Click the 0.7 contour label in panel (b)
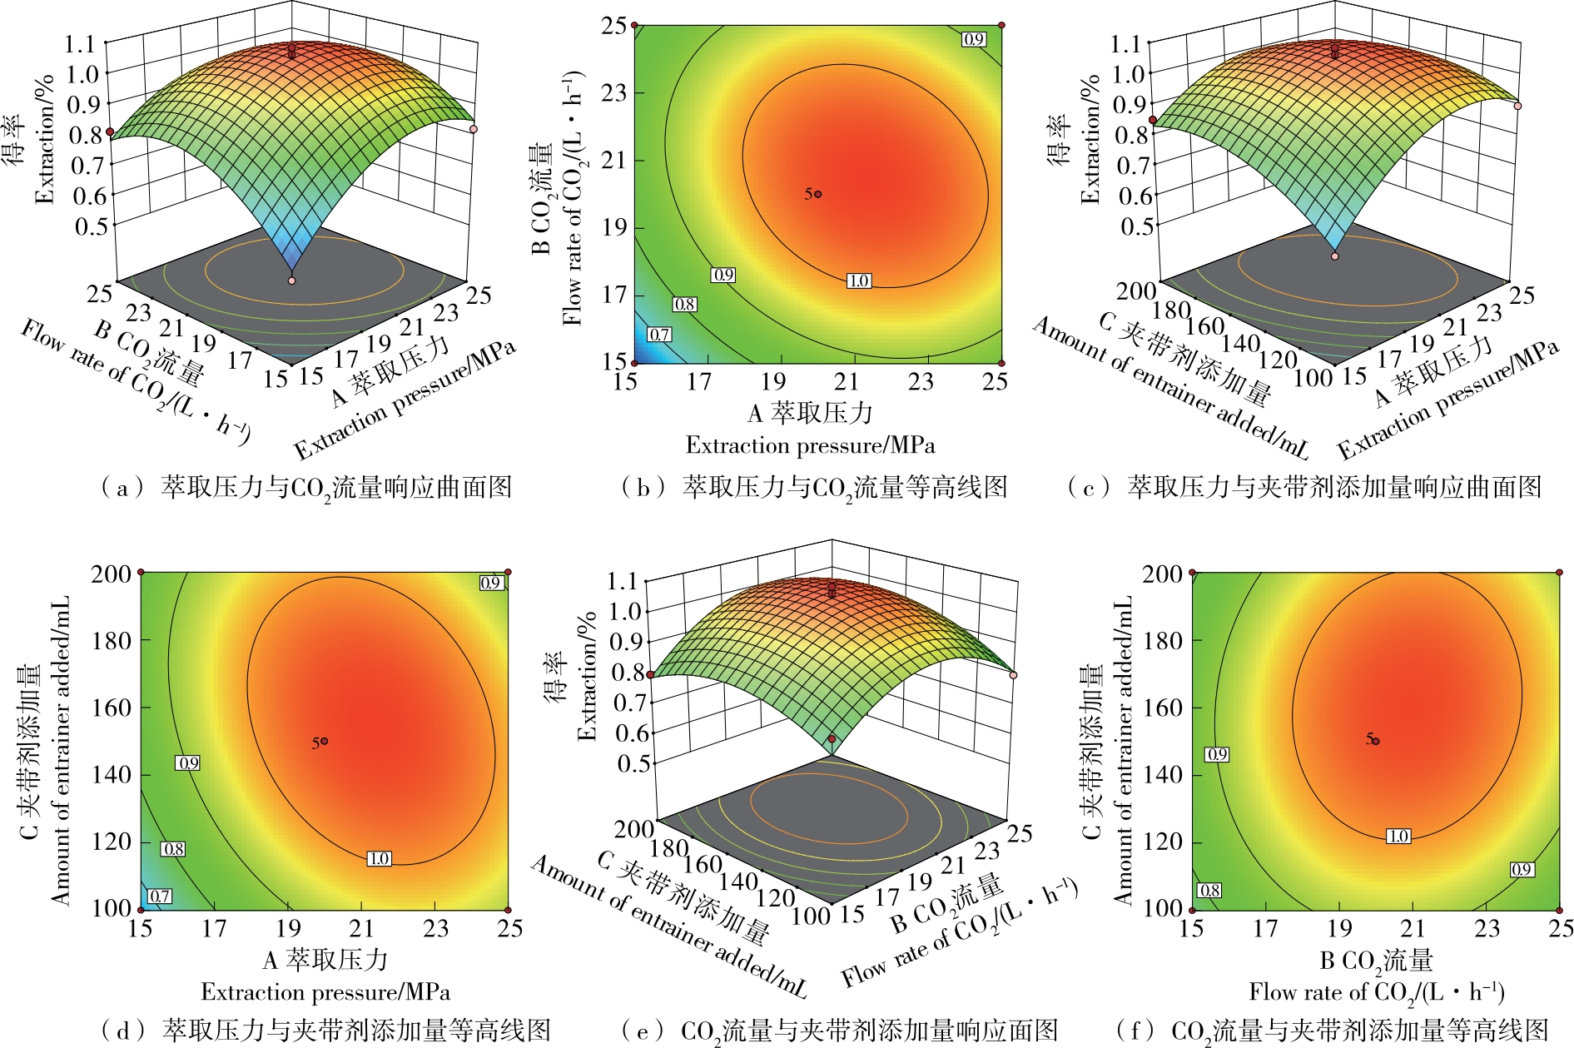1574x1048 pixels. point(659,335)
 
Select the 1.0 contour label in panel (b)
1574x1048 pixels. point(859,281)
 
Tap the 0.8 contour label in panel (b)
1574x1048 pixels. point(684,305)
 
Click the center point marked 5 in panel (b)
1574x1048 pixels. point(818,194)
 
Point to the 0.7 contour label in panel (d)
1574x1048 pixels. point(159,897)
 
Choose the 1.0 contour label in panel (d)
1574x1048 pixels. point(379,858)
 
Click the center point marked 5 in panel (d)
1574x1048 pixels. point(324,741)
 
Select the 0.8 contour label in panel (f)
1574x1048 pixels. point(1209,890)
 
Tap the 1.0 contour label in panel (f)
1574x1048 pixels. point(1398,836)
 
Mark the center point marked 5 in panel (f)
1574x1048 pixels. point(1376,741)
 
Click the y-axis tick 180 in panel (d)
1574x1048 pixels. point(111,641)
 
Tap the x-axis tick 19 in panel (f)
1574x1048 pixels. point(1339,928)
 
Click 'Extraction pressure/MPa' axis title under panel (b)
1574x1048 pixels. point(810,445)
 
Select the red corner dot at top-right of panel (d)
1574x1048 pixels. point(508,572)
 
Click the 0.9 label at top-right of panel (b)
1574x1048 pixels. point(973,39)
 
